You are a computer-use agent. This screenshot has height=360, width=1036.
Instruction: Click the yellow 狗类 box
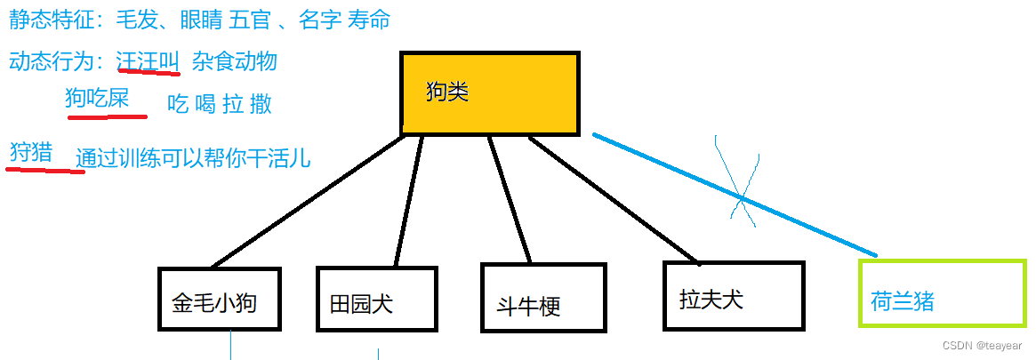[x=490, y=93]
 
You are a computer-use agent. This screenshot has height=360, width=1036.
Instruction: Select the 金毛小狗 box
[x=219, y=300]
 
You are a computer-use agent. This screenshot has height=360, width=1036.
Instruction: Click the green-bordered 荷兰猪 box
[x=942, y=292]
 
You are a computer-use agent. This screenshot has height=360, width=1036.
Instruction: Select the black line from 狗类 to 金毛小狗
[x=302, y=204]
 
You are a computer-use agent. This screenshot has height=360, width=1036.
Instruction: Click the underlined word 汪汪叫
[x=148, y=61]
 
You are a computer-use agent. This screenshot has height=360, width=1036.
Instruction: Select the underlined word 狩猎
[x=30, y=152]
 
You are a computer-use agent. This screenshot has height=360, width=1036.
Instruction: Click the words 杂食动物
[x=235, y=61]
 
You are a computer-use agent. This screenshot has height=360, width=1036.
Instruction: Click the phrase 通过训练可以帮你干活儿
[x=193, y=158]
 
